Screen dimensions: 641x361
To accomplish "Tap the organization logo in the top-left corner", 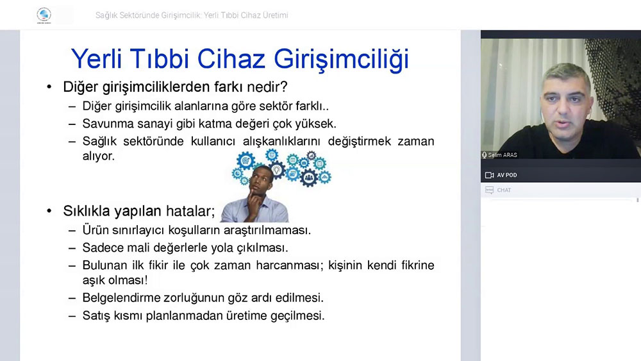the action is (44, 15).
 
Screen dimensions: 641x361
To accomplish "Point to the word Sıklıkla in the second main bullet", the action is (87, 211).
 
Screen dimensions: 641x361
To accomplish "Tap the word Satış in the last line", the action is (96, 316).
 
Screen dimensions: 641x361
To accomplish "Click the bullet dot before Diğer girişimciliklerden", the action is (49, 87).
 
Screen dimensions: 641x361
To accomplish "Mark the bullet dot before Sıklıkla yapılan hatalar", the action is (49, 211).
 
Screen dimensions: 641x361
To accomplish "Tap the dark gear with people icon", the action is (309, 178).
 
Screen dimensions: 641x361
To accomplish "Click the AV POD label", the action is (507, 175).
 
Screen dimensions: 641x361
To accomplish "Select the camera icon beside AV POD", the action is (489, 175).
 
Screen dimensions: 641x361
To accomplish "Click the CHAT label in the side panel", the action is (504, 190).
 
